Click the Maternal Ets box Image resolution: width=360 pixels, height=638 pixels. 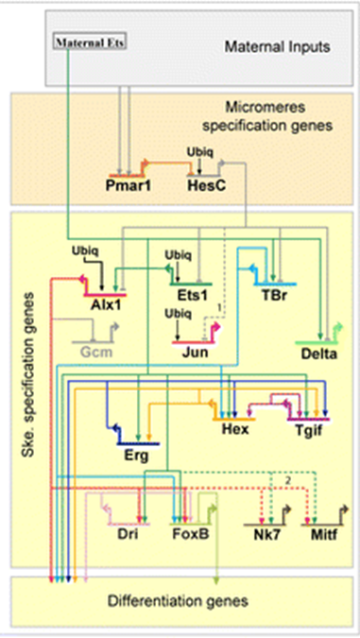click(x=89, y=43)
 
